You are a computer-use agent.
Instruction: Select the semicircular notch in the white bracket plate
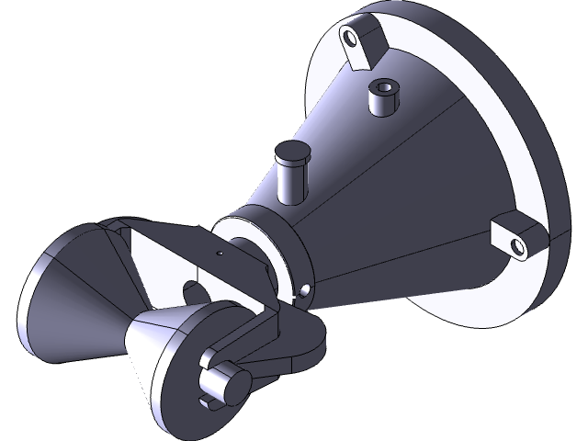(197, 292)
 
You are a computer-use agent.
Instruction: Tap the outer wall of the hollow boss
(381, 106)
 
